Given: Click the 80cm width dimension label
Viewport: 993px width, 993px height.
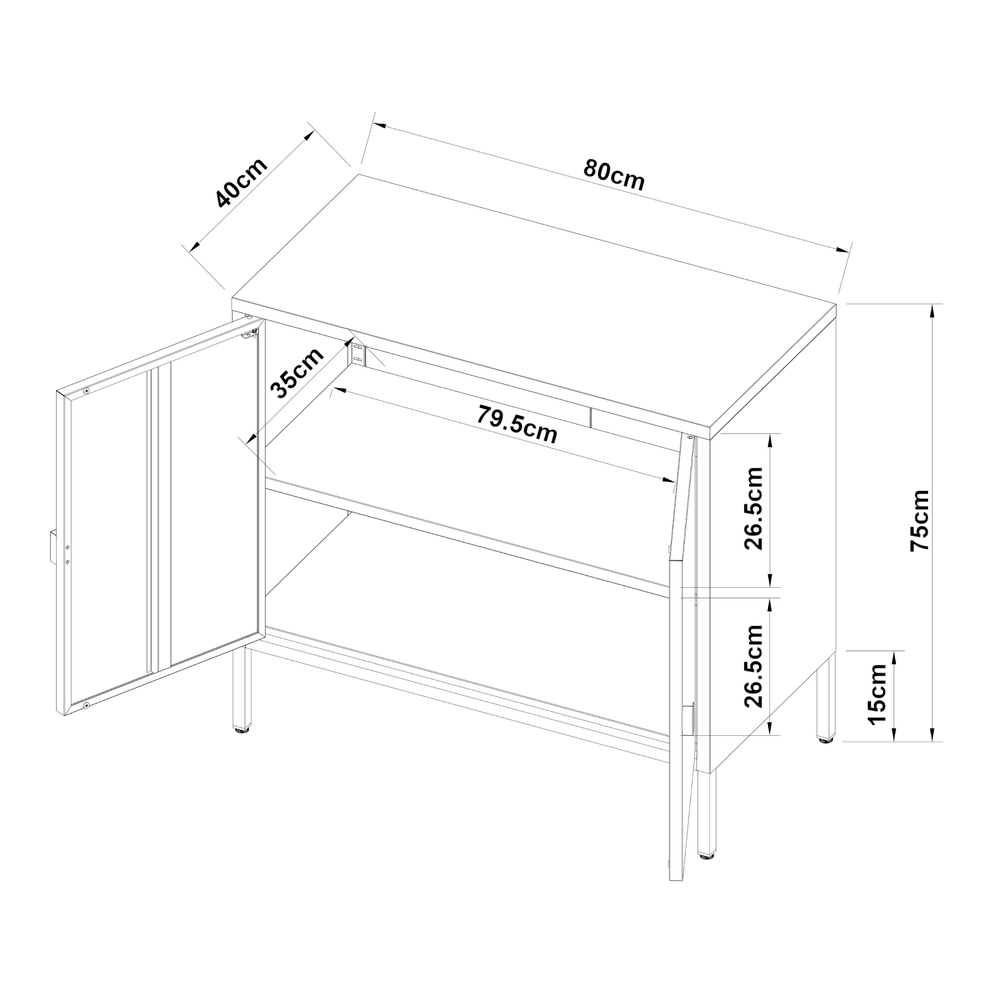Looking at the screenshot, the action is (x=614, y=175).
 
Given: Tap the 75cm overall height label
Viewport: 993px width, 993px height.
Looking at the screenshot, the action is (x=920, y=521).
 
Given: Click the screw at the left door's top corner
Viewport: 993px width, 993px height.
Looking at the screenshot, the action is (x=86, y=391).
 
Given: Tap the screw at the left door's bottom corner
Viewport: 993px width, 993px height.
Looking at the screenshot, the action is (x=86, y=706).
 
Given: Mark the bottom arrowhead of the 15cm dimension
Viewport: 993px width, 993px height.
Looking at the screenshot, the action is (x=894, y=735).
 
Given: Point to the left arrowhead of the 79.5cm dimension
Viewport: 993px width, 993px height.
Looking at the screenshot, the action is (x=337, y=391).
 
